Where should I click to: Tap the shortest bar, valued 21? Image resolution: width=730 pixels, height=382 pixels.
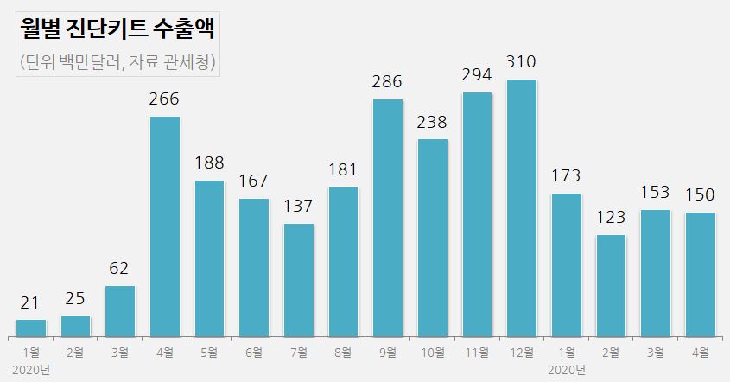(x=31, y=328)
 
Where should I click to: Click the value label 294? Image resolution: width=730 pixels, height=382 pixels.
(x=477, y=75)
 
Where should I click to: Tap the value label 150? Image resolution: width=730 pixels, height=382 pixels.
(x=700, y=195)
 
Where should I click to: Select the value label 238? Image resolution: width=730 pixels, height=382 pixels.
(x=433, y=122)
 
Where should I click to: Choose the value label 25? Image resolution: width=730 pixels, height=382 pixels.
(x=75, y=299)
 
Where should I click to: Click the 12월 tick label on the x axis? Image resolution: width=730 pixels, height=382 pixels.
(x=521, y=352)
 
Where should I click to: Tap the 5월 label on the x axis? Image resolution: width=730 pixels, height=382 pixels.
(x=209, y=352)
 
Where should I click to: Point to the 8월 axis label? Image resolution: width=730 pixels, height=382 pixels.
(x=343, y=352)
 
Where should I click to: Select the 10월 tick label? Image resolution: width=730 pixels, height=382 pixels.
(x=432, y=352)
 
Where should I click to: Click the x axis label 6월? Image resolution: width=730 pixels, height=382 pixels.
(x=254, y=352)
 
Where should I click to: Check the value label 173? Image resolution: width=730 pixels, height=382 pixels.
(x=566, y=177)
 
